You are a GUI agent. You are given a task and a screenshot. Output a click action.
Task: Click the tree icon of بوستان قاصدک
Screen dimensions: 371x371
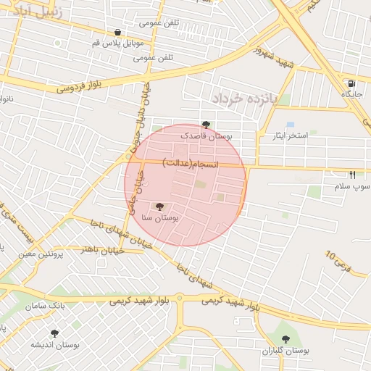coord(207,125)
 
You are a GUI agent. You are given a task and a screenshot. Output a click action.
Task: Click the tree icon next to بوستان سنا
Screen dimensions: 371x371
coord(160,207)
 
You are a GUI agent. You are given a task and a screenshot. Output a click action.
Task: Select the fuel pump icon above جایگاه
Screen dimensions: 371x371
coord(351,83)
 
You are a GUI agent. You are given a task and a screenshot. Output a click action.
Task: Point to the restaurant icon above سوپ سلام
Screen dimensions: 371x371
coord(352,175)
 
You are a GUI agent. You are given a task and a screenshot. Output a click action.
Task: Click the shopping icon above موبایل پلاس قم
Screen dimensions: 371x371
coord(117,32)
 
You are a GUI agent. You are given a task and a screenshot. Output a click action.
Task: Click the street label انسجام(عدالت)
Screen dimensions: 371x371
coord(191,164)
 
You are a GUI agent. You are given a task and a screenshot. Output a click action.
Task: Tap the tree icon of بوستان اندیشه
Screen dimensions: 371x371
coord(54,333)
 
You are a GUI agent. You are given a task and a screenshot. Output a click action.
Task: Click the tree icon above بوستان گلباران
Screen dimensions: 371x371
coord(285,338)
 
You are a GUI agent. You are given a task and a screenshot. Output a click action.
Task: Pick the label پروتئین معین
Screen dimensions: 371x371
coord(40,254)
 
